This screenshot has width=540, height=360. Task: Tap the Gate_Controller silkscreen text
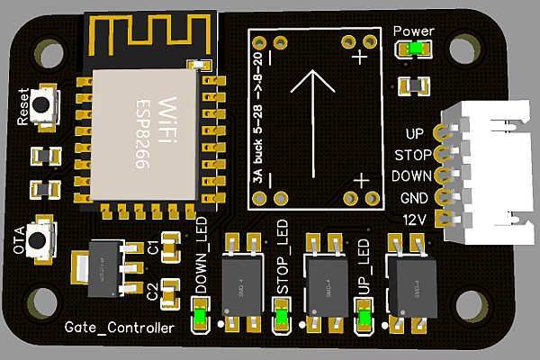pyautogui.click(x=120, y=328)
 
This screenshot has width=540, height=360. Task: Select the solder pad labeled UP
pyautogui.click(x=442, y=132)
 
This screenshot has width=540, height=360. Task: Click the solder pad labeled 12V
pyautogui.click(x=442, y=219)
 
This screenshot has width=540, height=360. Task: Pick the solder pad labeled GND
pyautogui.click(x=442, y=197)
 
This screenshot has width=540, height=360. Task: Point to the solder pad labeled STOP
pyautogui.click(x=442, y=154)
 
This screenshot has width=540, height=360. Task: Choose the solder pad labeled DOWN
pyautogui.click(x=442, y=175)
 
